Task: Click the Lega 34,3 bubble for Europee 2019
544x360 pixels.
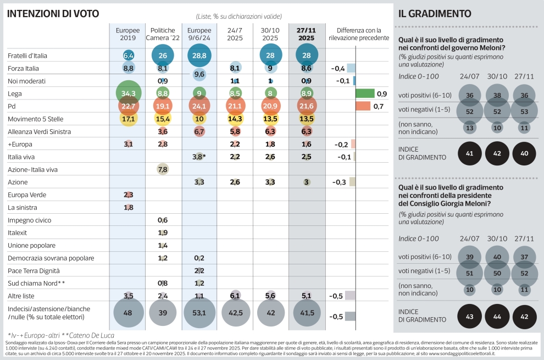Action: tap(129, 93)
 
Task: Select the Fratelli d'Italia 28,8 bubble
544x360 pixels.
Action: tap(199, 56)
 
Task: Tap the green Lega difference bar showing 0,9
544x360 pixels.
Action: tap(365, 93)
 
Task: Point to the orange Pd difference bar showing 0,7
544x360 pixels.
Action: tap(363, 106)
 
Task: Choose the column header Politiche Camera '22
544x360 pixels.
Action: tap(163, 34)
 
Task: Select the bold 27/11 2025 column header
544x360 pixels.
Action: tap(306, 34)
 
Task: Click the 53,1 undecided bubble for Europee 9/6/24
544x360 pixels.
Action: tap(199, 313)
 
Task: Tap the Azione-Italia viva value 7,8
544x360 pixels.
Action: tap(163, 169)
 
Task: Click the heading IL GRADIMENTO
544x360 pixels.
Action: tap(435, 14)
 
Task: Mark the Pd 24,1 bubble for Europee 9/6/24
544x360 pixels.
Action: tap(199, 106)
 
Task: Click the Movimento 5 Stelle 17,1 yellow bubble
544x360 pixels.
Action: tap(129, 119)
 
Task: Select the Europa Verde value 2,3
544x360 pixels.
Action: tap(129, 195)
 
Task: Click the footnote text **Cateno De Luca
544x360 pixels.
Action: tap(88, 335)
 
